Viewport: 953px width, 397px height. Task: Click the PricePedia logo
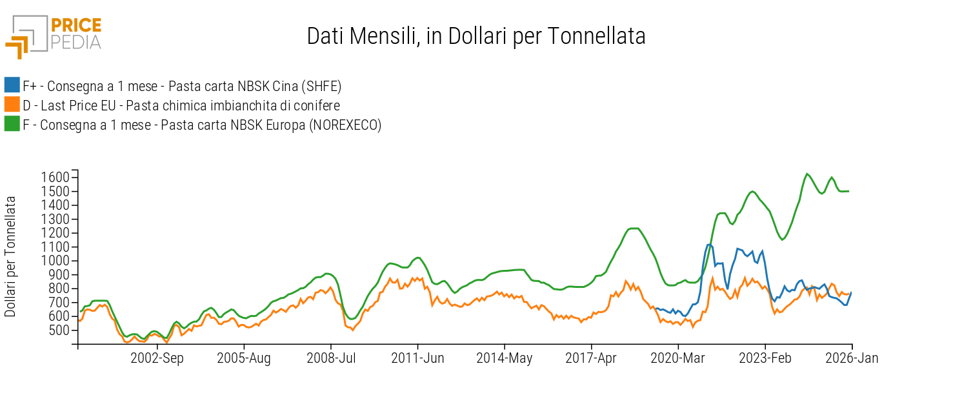[54, 36]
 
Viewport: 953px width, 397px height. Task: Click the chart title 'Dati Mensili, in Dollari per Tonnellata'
[476, 36]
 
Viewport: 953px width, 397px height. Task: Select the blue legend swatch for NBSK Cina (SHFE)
[12, 85]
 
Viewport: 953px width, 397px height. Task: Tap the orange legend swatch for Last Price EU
[12, 105]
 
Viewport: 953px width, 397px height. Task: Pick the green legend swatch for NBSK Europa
[12, 124]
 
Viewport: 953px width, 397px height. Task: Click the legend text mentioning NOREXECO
[202, 125]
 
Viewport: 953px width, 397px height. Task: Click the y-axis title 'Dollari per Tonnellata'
[11, 257]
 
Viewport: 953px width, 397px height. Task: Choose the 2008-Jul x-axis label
[331, 359]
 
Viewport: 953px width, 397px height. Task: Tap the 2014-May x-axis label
[505, 359]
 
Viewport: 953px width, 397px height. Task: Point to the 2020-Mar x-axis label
[678, 359]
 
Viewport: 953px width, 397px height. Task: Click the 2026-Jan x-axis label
[852, 359]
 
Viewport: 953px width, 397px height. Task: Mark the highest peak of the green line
[807, 174]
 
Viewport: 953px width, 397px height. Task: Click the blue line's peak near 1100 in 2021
[709, 245]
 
